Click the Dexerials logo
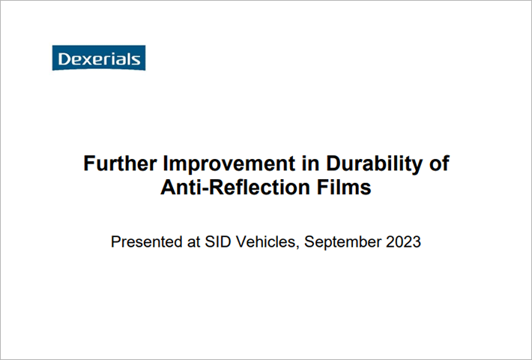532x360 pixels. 99,58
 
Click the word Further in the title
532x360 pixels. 120,163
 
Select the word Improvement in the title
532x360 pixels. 229,164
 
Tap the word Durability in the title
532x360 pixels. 374,164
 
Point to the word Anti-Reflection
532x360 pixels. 235,187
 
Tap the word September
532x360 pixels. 342,242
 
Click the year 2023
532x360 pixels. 403,241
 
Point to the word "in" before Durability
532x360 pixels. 310,163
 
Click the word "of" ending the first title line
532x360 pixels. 439,163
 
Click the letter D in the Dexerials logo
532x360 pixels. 64,59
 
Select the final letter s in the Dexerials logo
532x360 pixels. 136,61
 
